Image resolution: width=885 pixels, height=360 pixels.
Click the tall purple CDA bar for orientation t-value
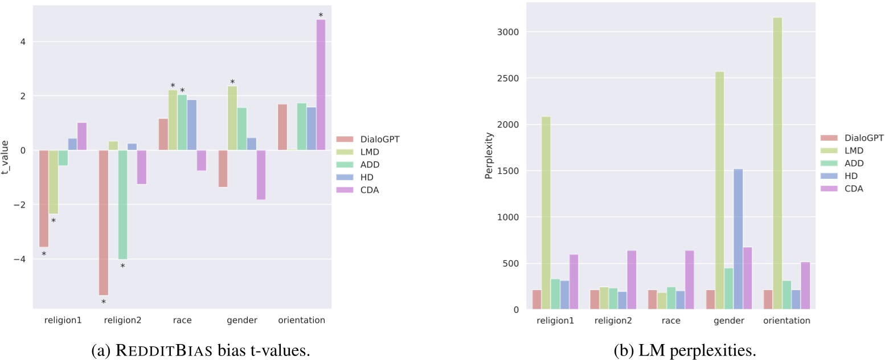point(321,85)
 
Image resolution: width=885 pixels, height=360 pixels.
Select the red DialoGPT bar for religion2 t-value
point(104,222)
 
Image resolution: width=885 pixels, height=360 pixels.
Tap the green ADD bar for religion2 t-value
point(122,204)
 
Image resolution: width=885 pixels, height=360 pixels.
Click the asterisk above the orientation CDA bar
point(321,15)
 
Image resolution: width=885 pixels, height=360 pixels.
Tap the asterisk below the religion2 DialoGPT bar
point(104,302)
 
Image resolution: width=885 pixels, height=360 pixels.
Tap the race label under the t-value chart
point(182,320)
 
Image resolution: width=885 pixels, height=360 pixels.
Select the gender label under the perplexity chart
point(728,321)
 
